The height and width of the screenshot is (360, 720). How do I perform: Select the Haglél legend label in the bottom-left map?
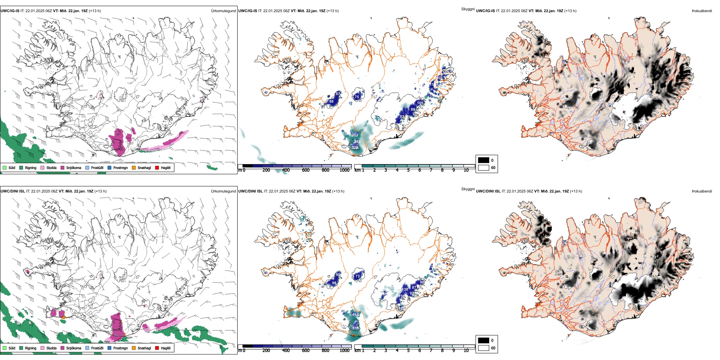pos(166,348)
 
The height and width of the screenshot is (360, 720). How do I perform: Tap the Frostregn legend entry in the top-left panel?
pos(120,167)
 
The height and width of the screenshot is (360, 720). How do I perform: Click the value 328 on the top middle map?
pos(355,148)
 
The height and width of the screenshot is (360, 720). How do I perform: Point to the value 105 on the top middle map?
pos(420,103)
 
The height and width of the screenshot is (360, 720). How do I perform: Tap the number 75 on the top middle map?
pos(357,97)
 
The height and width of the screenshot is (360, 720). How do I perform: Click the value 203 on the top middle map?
pos(355,135)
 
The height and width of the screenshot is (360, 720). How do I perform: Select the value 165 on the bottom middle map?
pos(355,315)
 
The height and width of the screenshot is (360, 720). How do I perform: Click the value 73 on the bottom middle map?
pos(357,276)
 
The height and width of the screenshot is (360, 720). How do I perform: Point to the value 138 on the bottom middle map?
pos(405,290)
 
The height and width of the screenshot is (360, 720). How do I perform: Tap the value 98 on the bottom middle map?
pos(334,283)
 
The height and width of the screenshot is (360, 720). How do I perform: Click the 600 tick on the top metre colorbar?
pos(305,170)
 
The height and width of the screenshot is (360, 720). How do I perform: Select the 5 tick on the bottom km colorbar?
pos(408,351)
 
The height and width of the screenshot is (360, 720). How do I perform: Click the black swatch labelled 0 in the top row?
pos(484,160)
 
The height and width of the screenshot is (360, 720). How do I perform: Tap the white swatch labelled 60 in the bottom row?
pos(484,348)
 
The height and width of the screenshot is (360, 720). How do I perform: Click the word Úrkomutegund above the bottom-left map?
pos(223,191)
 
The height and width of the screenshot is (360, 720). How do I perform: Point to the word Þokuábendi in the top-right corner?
pos(702,11)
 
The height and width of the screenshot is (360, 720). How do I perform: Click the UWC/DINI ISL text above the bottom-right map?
pos(488,191)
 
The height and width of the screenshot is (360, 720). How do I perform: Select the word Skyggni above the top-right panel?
pos(468,9)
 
